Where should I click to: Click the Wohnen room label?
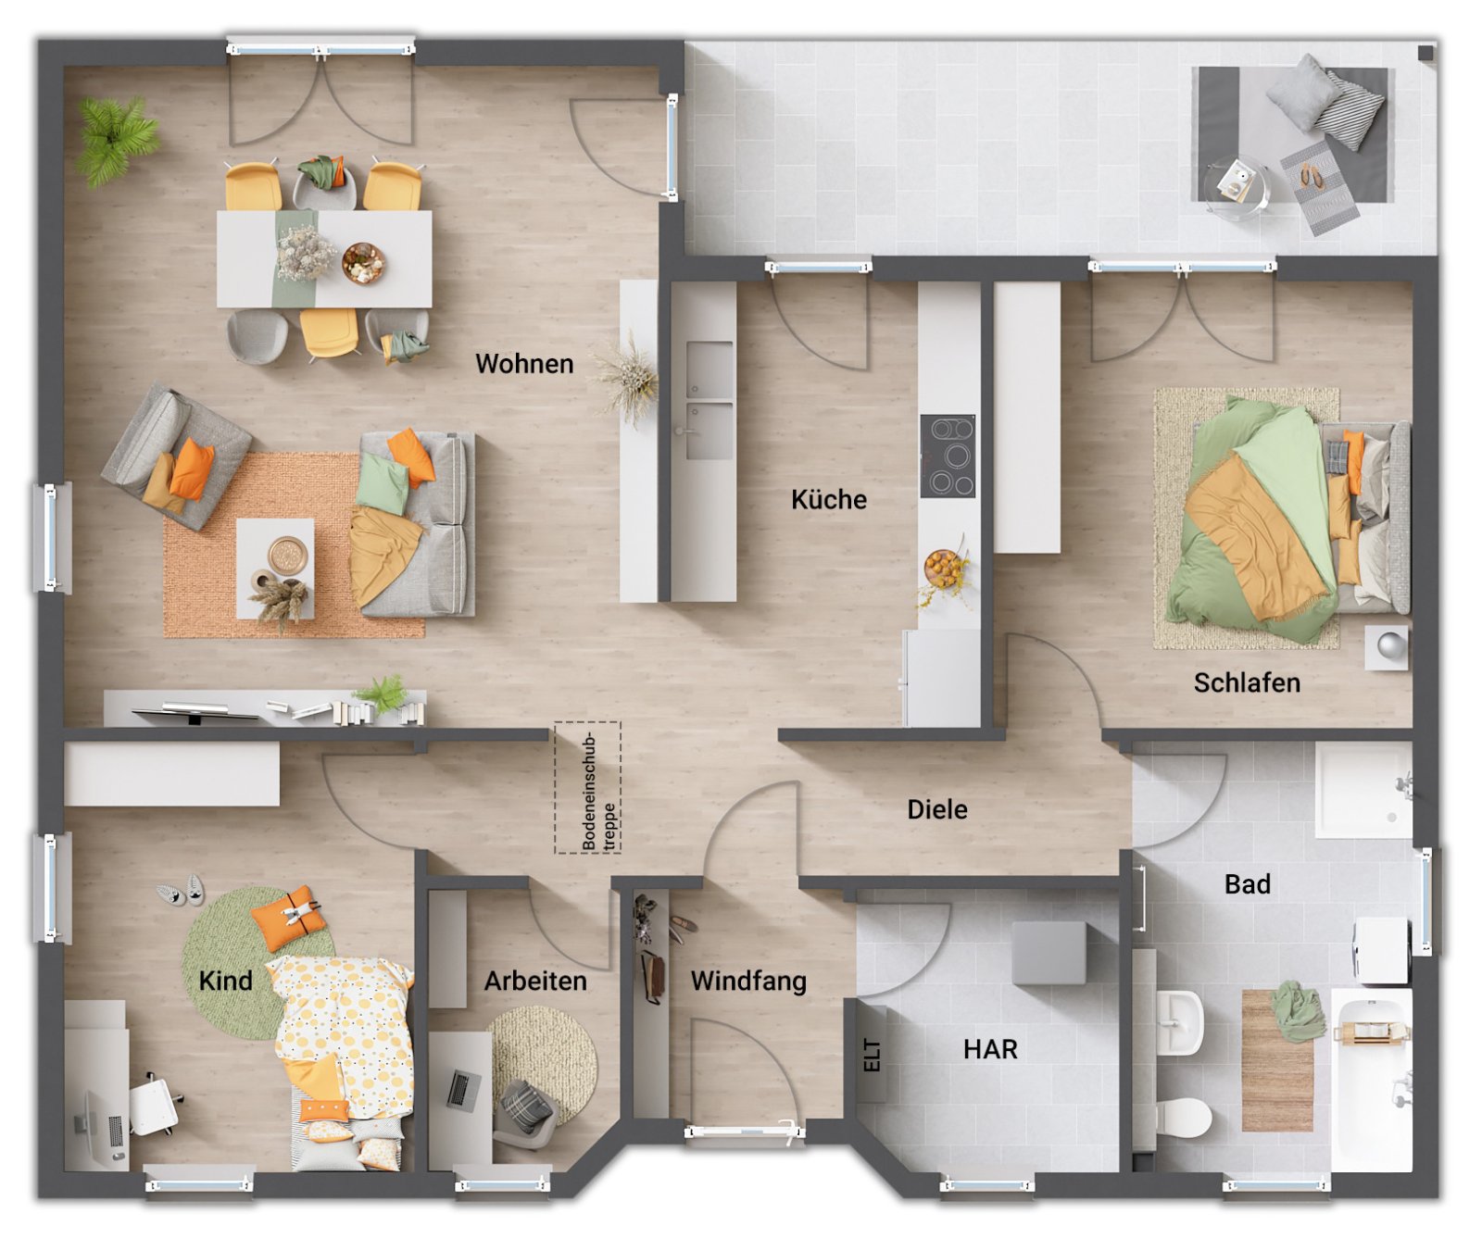point(524,364)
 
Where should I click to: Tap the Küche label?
point(828,500)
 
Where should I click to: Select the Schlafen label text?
point(1246,683)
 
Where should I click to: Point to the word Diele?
point(936,810)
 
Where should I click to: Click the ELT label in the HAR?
point(872,1055)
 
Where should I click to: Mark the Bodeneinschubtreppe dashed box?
point(587,787)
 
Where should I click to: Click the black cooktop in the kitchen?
point(948,456)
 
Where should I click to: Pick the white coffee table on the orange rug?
point(274,568)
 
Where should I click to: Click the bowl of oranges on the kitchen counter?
point(942,568)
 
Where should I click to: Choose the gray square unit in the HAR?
point(1049,953)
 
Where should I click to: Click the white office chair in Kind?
point(154,1105)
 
